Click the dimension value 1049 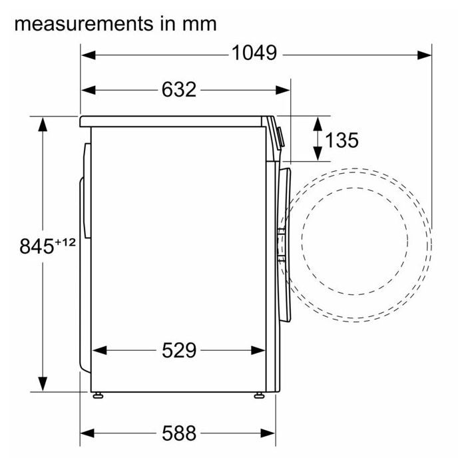point(254,53)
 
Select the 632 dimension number point(179,89)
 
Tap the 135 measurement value point(342,140)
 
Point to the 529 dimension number point(179,350)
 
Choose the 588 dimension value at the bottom point(179,433)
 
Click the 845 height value point(37,246)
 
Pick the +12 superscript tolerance point(65,242)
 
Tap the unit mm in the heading point(200,25)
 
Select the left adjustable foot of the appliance point(98,395)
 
